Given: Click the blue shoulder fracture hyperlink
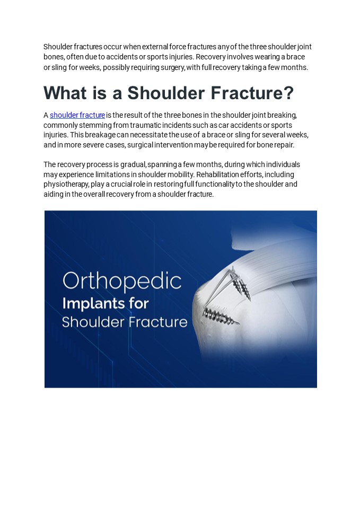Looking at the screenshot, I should pos(77,115).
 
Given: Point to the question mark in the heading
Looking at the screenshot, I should pos(288,93).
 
